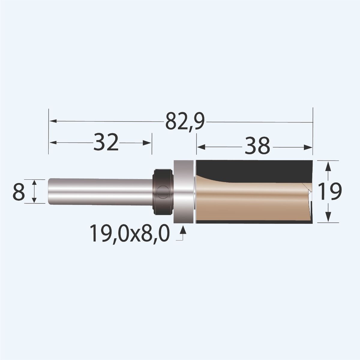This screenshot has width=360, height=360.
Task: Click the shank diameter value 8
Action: (19, 192)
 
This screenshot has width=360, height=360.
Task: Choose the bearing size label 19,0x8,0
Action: (129, 234)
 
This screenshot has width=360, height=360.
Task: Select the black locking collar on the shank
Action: (163, 192)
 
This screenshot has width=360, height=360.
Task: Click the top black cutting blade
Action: (255, 169)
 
